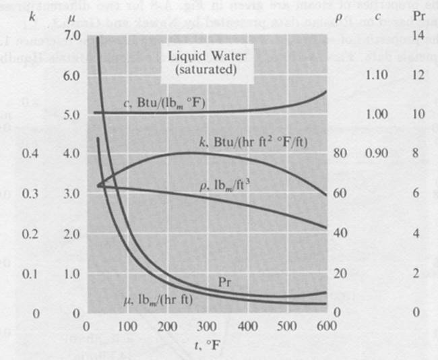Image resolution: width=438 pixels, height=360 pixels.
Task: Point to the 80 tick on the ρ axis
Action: pyautogui.click(x=340, y=154)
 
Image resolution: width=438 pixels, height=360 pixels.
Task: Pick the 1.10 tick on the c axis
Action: pyautogui.click(x=376, y=75)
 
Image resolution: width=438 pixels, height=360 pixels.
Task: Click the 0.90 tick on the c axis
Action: pyautogui.click(x=376, y=154)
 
